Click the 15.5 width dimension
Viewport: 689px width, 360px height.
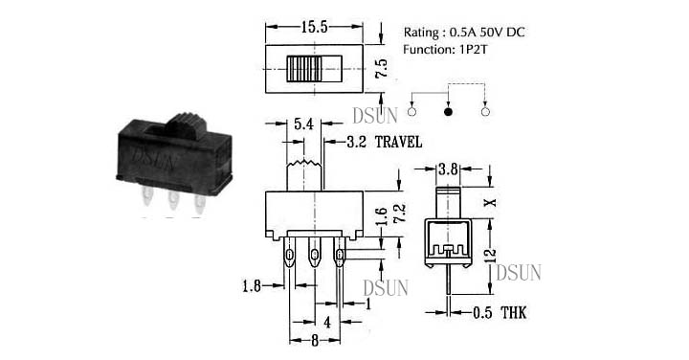(315, 27)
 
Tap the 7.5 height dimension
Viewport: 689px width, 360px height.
(382, 69)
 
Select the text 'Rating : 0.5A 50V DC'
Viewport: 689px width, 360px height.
(464, 33)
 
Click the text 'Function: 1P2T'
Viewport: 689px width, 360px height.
(445, 49)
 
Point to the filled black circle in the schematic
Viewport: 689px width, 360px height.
(448, 111)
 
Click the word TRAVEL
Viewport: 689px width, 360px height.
(398, 142)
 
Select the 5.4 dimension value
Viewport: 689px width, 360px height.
(303, 124)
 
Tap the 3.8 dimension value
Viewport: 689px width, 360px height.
(448, 169)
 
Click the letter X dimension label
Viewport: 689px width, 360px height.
(490, 202)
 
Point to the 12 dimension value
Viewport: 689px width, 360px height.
(491, 256)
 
